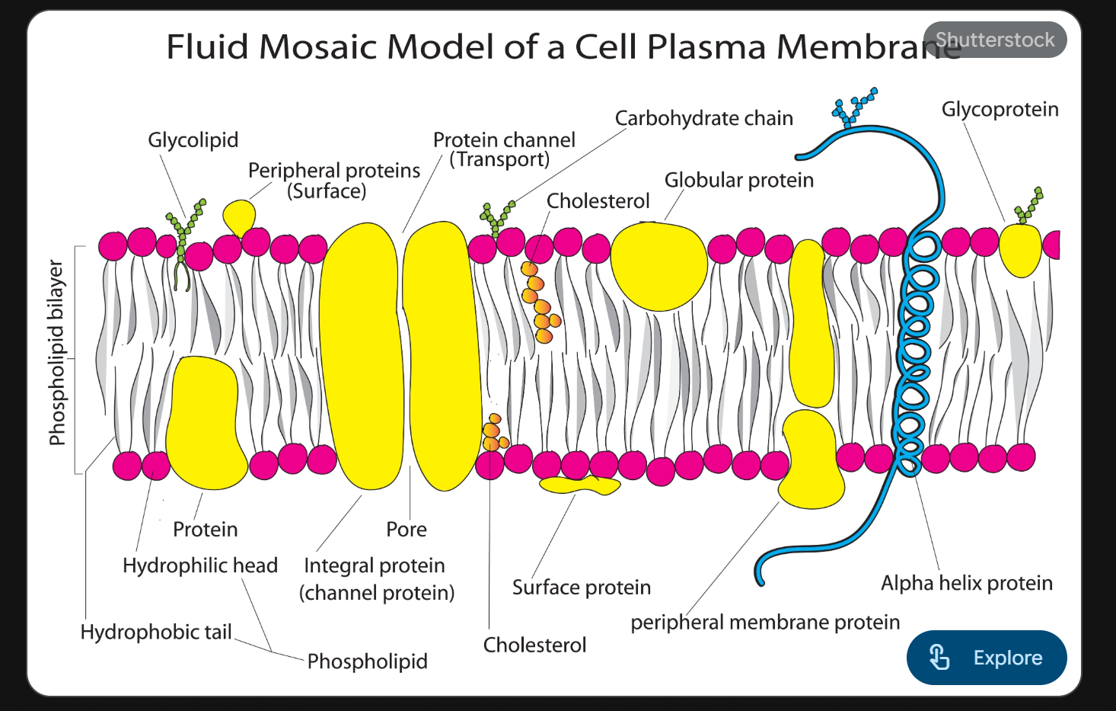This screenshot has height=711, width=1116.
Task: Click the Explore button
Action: (987, 657)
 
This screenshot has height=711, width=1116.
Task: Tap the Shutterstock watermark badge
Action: (994, 40)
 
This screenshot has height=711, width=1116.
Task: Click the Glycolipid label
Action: (193, 140)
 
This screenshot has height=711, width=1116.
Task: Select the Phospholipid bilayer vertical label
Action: (57, 352)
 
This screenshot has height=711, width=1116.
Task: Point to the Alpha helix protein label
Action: (966, 583)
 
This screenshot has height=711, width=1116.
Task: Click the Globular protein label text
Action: (738, 181)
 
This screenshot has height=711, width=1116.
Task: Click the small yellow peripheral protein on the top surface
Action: (240, 216)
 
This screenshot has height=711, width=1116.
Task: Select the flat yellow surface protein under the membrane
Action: (579, 485)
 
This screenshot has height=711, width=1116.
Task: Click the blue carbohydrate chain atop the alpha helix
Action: (853, 106)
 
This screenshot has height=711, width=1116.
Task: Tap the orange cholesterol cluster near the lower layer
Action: (494, 434)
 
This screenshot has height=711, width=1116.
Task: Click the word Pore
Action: (406, 529)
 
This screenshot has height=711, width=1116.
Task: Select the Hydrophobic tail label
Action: (156, 632)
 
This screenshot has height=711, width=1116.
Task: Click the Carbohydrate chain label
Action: (703, 119)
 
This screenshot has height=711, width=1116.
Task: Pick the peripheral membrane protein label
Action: (764, 623)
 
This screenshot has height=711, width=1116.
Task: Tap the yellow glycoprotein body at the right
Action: (1020, 249)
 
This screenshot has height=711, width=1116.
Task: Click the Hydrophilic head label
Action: (199, 565)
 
